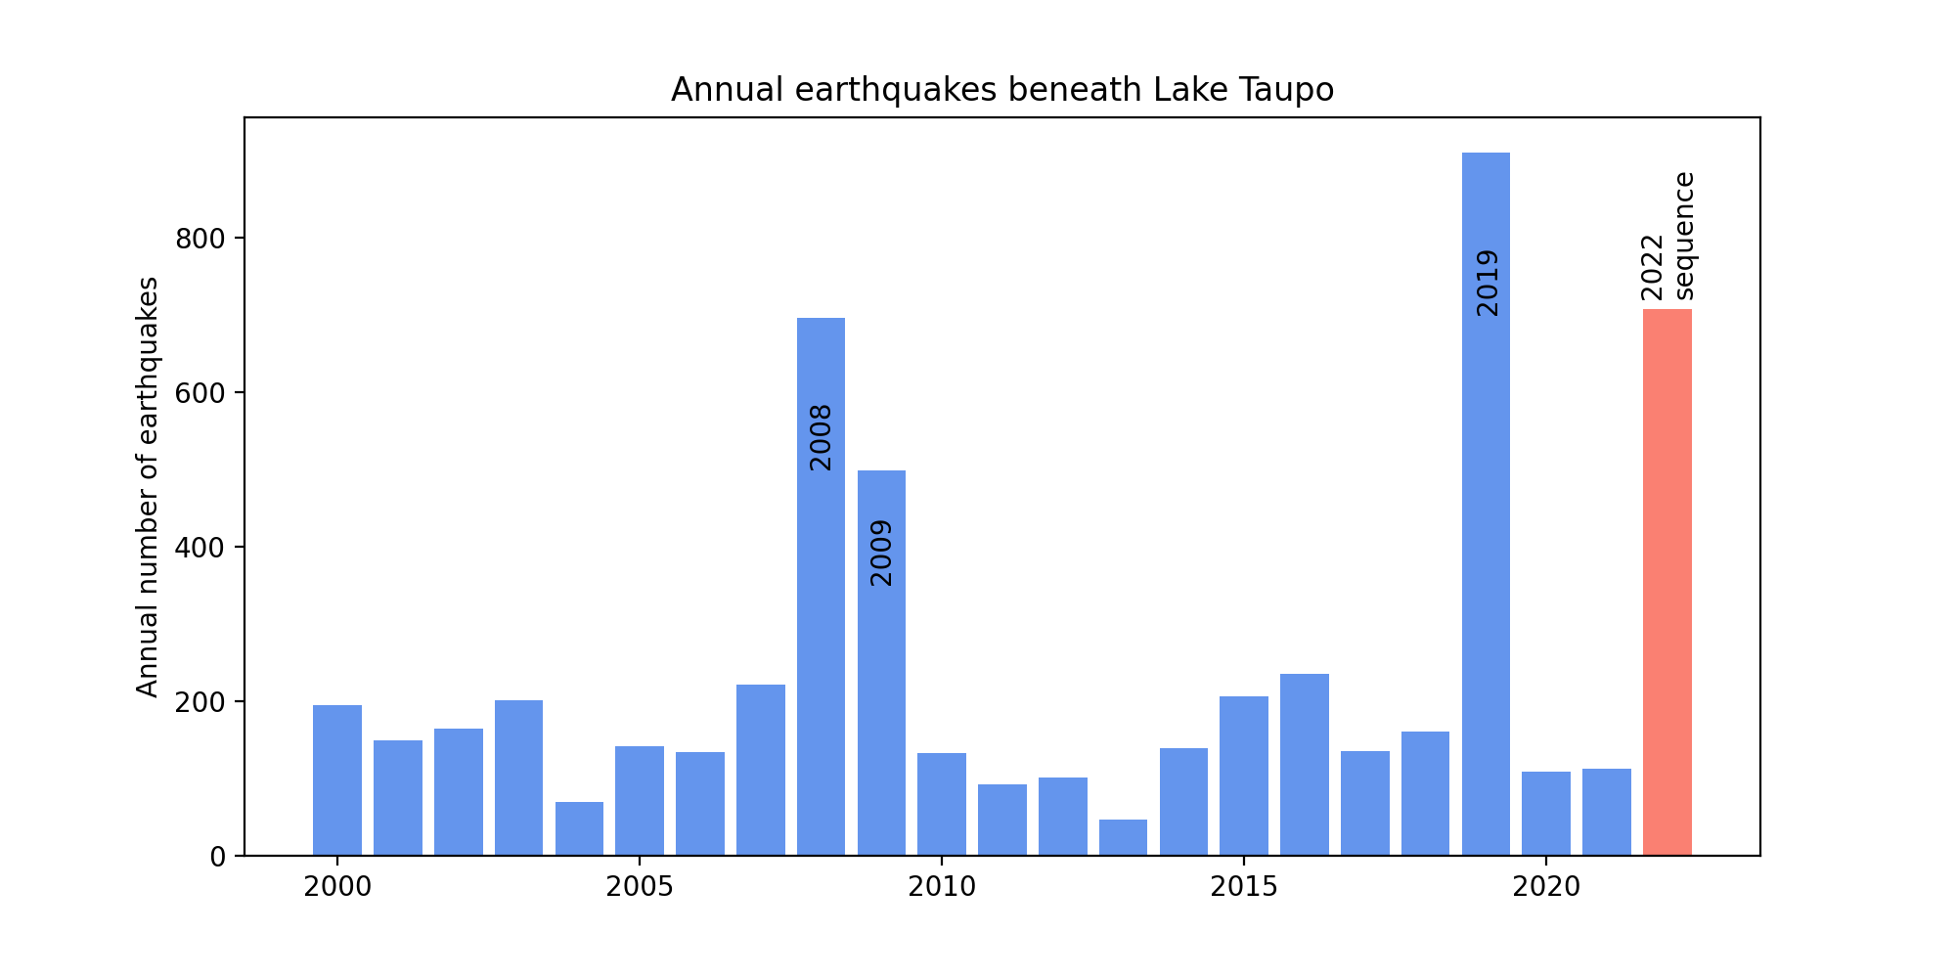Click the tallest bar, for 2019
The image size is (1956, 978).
[x=1486, y=504]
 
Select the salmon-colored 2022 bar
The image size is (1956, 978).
[x=1667, y=582]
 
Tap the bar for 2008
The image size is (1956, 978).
[x=821, y=587]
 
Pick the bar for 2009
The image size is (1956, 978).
[x=881, y=663]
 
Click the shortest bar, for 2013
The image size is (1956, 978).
[x=1123, y=837]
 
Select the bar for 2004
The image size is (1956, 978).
[x=579, y=828]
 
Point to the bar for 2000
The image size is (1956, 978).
[x=337, y=780]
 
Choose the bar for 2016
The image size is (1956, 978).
[x=1305, y=765]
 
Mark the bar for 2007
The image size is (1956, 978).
[x=761, y=770]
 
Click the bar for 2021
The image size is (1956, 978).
[x=1607, y=812]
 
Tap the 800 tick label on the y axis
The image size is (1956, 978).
[x=200, y=239]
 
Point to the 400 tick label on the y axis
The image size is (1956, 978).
[x=200, y=548]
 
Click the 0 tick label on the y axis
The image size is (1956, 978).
[x=218, y=857]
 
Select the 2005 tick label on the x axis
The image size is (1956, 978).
[x=639, y=887]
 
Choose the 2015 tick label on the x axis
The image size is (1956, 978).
[x=1243, y=887]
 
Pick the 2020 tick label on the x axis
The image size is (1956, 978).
[x=1545, y=887]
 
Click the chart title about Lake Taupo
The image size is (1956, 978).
[x=1002, y=90]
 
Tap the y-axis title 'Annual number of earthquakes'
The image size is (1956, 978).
[x=148, y=487]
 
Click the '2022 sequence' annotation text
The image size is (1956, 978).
[x=1667, y=236]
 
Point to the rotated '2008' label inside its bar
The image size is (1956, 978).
[x=821, y=437]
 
